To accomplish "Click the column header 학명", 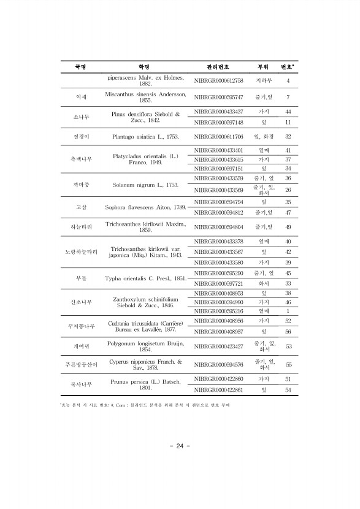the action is pos(145,66).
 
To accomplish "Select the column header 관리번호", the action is pos(218,66).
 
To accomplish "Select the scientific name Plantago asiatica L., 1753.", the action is pos(145,137).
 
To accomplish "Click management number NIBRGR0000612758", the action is pos(218,80).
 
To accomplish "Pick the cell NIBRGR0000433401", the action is pos(218,150).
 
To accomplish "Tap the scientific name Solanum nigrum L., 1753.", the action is pos(145,184).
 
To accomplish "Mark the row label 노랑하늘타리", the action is pos(81,252).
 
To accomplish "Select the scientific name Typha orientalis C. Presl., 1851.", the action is pos(145,278).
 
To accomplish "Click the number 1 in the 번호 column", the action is pos(288,312).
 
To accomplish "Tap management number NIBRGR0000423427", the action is pos(218,346).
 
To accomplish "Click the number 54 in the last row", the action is pos(288,390).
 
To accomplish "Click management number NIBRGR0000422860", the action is pos(218,380).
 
